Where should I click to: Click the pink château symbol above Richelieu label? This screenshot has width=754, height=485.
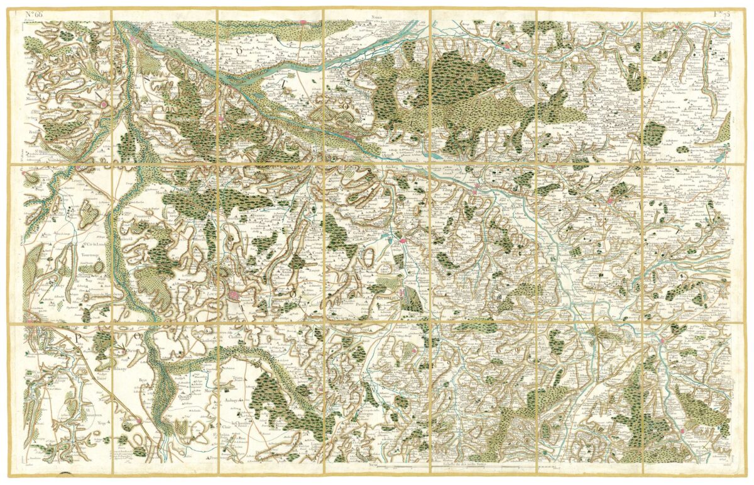pyautogui.click(x=401, y=240)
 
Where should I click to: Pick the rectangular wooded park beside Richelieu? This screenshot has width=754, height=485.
pyautogui.click(x=412, y=298)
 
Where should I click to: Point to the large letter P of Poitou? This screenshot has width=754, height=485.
pyautogui.click(x=80, y=337)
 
